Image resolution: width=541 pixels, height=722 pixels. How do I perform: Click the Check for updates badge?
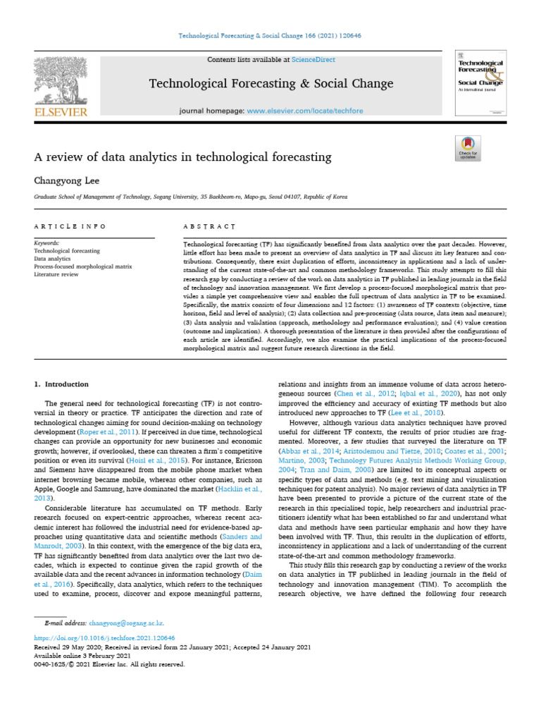point(468,150)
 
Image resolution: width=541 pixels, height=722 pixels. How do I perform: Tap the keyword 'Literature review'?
point(57,273)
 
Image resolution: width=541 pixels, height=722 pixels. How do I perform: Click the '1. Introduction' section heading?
point(62,384)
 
